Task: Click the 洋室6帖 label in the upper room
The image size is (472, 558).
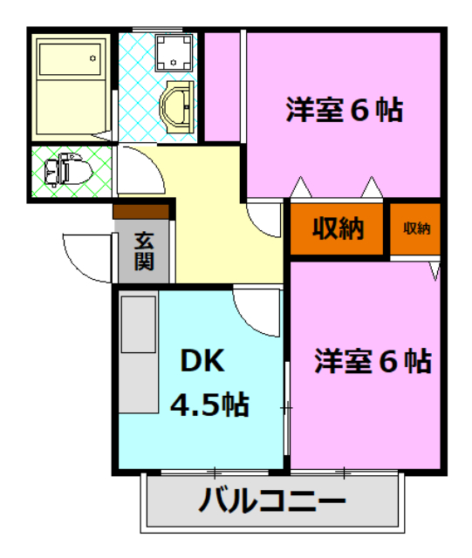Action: click(344, 111)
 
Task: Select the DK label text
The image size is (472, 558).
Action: click(203, 360)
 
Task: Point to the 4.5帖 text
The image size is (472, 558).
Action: click(209, 404)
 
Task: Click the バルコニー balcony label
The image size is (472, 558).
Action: click(271, 501)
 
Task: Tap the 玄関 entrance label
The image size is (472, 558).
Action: click(144, 250)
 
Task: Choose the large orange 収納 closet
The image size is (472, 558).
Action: click(337, 228)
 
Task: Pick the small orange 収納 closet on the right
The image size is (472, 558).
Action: click(416, 228)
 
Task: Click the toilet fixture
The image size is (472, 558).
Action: click(66, 169)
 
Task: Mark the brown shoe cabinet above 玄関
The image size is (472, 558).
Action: click(140, 211)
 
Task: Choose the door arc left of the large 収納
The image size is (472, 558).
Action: click(264, 217)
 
